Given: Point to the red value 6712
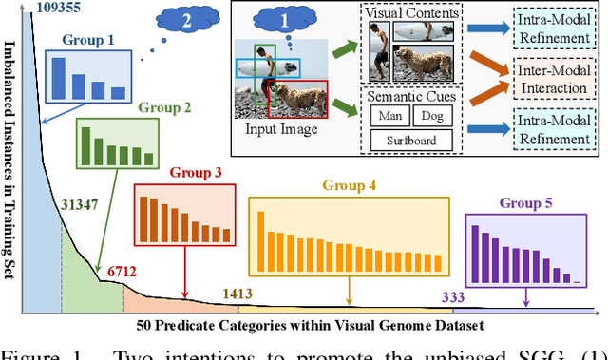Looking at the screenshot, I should click(123, 273).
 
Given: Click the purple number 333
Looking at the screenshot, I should click(453, 297).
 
